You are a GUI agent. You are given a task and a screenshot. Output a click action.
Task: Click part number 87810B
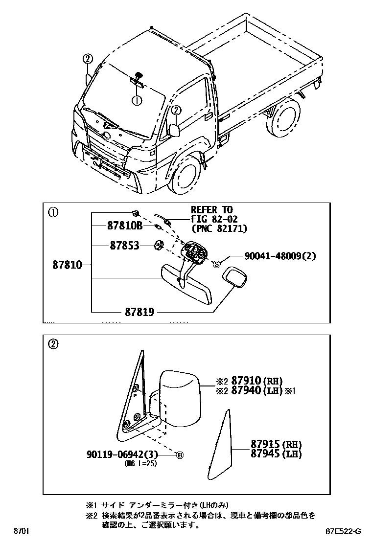(124, 226)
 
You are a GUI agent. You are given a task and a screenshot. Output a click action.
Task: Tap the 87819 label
(134, 311)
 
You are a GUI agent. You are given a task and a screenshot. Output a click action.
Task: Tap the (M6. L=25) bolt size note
(141, 464)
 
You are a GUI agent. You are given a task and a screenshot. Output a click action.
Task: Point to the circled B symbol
(179, 455)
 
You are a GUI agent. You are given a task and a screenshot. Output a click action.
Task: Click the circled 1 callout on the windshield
(137, 100)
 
